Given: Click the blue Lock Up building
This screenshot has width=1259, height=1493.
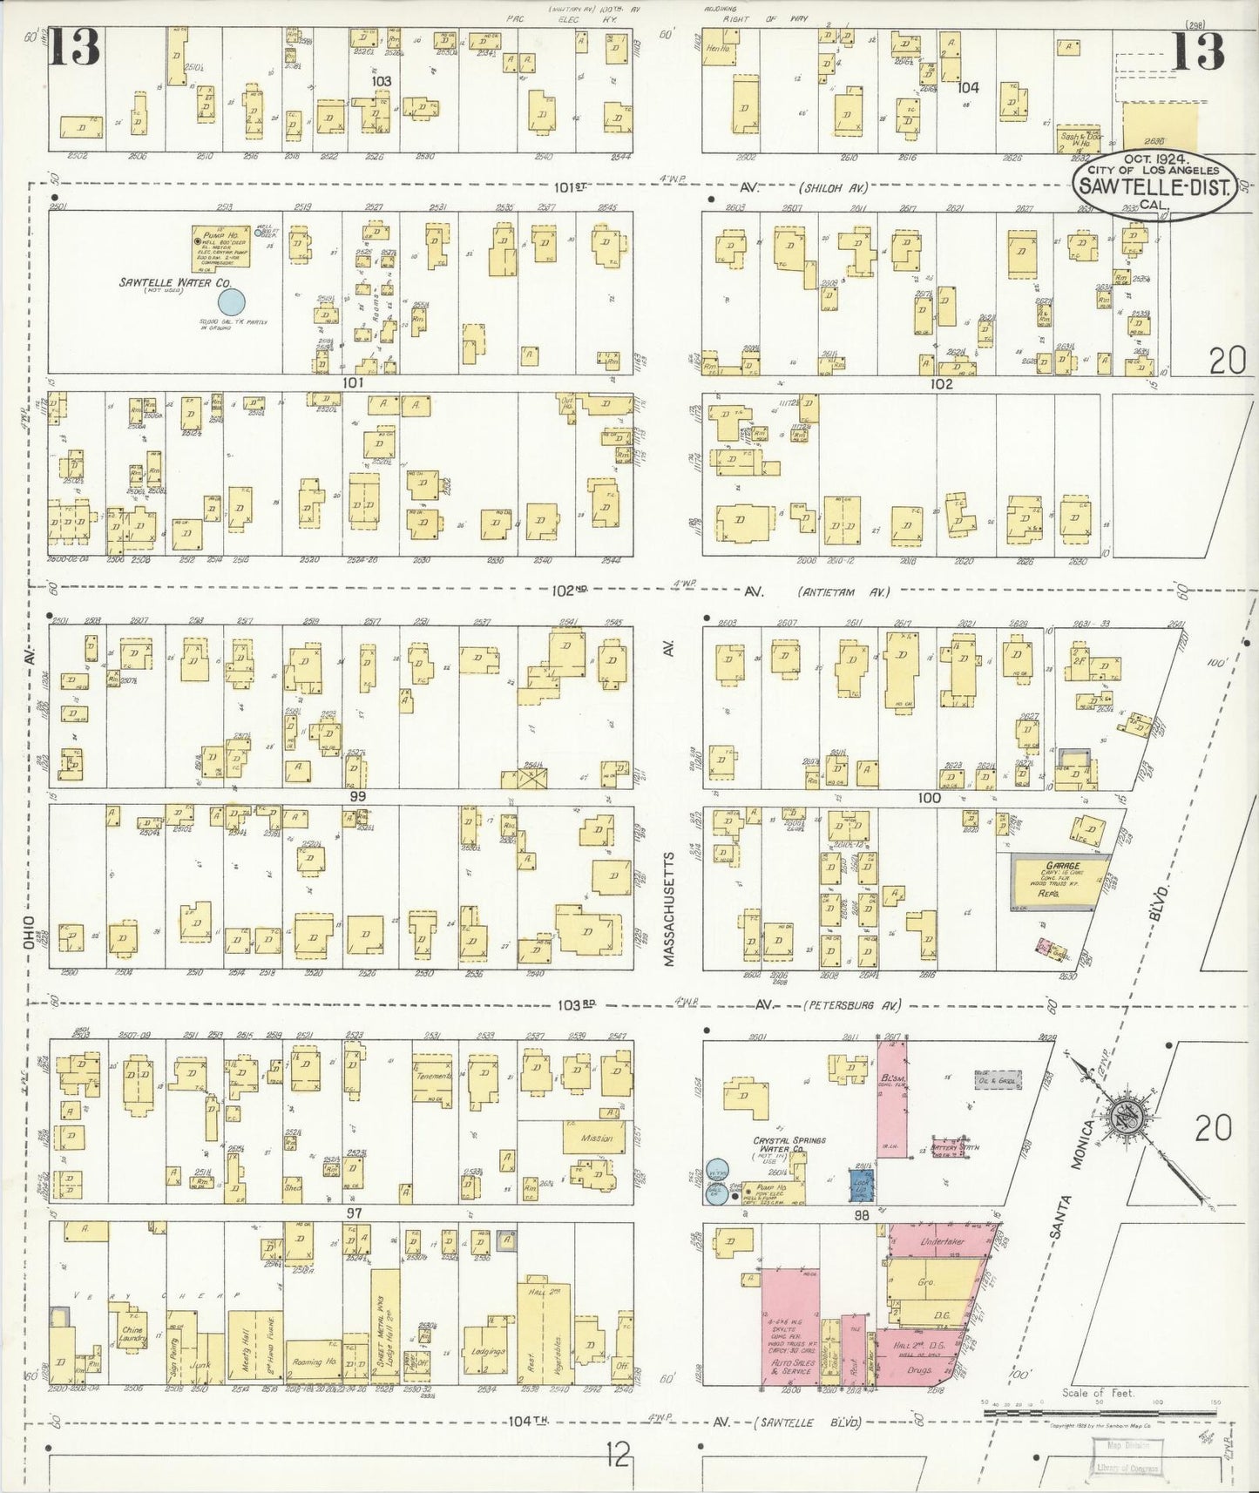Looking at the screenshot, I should coord(862,1185).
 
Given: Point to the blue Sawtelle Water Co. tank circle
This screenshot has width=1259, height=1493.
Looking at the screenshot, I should coord(231,302).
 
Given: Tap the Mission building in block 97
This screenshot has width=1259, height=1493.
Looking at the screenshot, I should coord(597,1138).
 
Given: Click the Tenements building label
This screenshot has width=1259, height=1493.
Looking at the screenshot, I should coord(432,1076).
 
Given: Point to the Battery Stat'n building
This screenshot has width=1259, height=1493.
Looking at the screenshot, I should coord(951,1149).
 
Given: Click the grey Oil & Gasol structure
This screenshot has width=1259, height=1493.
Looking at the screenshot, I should coord(997,1080).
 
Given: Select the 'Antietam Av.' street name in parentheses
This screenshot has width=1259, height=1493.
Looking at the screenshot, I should coord(843,592).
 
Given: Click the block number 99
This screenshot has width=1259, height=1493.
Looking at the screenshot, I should coord(356,796).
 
